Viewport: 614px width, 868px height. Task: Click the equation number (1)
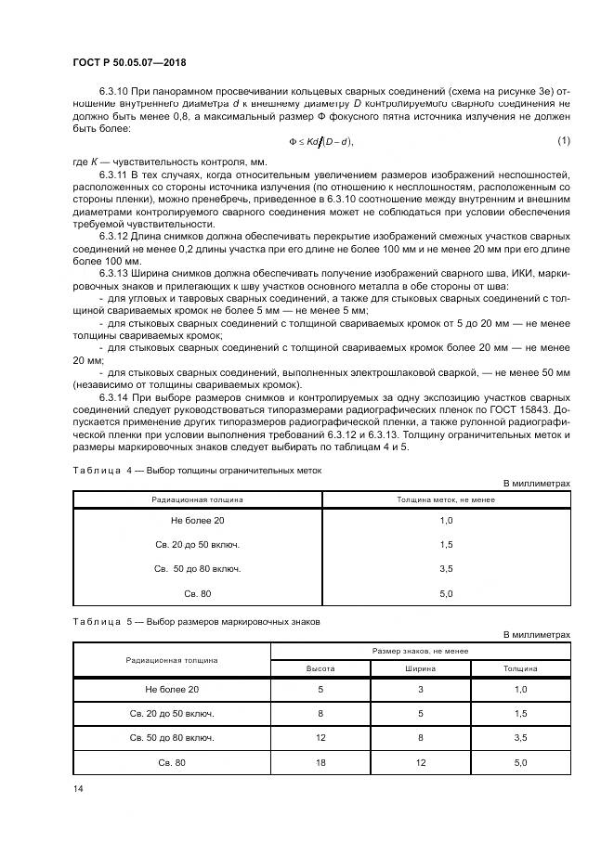563,140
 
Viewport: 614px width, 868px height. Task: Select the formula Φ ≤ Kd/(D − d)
321,141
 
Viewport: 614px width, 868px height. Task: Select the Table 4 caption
196,470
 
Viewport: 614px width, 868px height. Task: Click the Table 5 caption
196,622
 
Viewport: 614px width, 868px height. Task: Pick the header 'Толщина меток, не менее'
446,500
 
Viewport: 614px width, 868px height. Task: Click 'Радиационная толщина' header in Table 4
197,500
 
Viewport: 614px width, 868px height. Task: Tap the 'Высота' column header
320,667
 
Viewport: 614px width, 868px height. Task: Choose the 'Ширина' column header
420,667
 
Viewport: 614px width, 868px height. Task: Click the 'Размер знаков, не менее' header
420,652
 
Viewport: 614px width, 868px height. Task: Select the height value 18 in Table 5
320,761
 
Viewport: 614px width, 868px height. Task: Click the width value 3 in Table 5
420,690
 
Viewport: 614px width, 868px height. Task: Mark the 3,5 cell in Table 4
446,569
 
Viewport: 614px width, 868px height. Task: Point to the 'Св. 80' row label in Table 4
197,593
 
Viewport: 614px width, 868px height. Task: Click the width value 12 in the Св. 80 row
420,761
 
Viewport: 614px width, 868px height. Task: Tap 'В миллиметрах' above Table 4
536,484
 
